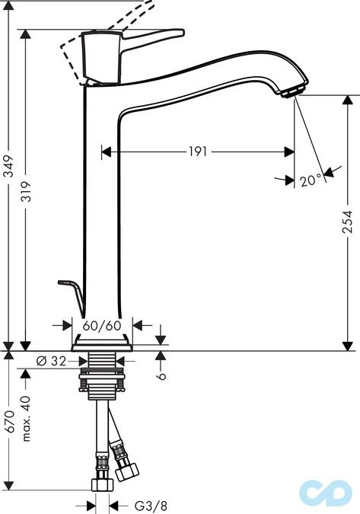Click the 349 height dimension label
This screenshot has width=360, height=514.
[9, 166]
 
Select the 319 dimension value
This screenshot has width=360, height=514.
[26, 191]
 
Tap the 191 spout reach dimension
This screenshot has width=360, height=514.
[198, 152]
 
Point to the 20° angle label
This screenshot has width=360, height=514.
[311, 180]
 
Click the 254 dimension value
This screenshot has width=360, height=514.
[347, 222]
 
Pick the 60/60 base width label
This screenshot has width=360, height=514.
[102, 326]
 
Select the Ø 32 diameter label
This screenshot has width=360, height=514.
[51, 361]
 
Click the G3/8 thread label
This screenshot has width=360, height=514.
[151, 506]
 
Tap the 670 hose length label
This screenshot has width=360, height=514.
[9, 421]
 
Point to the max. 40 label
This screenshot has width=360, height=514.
[26, 419]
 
